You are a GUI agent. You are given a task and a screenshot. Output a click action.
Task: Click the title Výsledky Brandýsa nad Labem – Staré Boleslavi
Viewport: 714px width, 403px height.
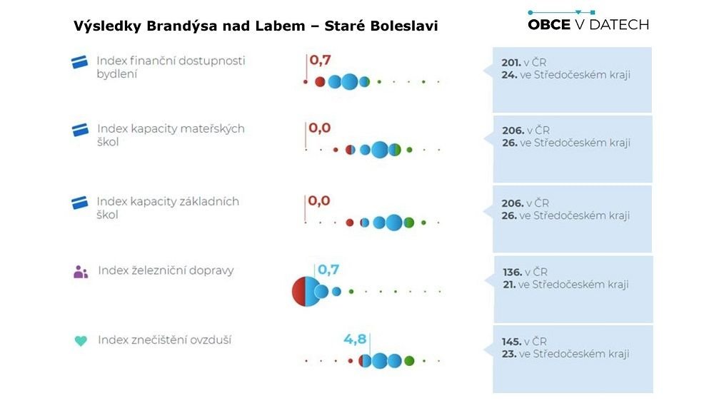coord(256,26)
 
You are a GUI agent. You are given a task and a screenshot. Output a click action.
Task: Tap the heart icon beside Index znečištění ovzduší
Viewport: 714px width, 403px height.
coord(81,341)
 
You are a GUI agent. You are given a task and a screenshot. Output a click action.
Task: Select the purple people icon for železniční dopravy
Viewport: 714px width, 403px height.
coord(81,272)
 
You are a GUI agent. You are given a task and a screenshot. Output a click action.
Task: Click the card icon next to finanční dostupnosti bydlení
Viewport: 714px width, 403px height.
coord(79,62)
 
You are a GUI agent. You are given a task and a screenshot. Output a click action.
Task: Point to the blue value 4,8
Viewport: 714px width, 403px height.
coord(355,339)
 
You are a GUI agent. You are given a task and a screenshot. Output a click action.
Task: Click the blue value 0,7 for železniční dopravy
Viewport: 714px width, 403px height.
coord(328,270)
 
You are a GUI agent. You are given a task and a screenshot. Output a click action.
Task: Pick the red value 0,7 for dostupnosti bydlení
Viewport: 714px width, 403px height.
coord(321,60)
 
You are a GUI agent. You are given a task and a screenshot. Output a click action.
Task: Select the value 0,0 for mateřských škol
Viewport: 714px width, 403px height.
coord(320,128)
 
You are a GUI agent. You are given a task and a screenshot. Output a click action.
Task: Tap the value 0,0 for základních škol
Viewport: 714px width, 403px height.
coord(319,200)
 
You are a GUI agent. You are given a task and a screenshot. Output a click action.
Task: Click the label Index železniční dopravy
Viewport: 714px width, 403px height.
coord(166,270)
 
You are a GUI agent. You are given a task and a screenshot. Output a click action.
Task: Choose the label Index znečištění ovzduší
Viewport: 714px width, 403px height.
coord(164,340)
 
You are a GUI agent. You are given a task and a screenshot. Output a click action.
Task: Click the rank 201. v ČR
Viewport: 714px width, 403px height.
coord(524,62)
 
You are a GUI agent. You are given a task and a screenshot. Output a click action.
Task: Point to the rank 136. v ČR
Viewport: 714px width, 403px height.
coord(525,272)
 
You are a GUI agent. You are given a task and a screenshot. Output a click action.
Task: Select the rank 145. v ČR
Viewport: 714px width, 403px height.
coord(524,342)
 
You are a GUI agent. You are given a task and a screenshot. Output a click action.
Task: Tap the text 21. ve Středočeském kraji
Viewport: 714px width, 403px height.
coord(565,284)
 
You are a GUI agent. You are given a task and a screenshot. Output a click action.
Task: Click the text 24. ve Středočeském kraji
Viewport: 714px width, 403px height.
coord(565,74)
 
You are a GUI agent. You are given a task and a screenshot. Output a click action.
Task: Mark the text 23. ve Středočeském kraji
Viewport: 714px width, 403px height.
coord(565,354)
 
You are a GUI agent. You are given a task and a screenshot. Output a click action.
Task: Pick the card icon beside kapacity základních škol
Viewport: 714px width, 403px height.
coord(79,203)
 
